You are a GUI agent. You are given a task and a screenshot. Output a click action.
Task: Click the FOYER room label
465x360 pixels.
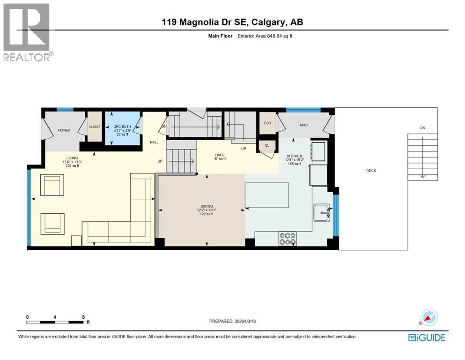click(x=64, y=130)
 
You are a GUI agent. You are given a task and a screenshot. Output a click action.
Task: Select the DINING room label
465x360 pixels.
click(x=206, y=206)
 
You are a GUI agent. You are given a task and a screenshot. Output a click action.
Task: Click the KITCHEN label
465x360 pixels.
click(x=295, y=156)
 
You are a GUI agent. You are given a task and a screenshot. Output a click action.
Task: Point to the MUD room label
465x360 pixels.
click(x=303, y=125)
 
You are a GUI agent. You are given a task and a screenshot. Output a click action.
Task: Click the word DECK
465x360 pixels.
click(x=371, y=171)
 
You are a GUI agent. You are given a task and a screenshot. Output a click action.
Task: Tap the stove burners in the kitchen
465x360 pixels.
click(x=287, y=239)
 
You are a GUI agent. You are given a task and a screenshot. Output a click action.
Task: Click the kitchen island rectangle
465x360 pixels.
click(x=266, y=195)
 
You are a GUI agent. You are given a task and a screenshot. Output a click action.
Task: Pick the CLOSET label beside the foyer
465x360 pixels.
click(x=95, y=127)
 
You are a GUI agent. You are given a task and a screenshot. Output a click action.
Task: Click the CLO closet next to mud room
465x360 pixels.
click(x=267, y=123)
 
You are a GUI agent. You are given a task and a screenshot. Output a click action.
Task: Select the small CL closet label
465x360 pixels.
click(x=267, y=145)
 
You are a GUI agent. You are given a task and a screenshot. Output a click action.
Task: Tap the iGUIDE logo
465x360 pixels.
click(x=427, y=337)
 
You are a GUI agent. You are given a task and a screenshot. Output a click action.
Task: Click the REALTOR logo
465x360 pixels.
click(x=27, y=32)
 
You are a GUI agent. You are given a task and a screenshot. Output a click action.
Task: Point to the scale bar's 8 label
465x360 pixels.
click(x=83, y=317)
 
